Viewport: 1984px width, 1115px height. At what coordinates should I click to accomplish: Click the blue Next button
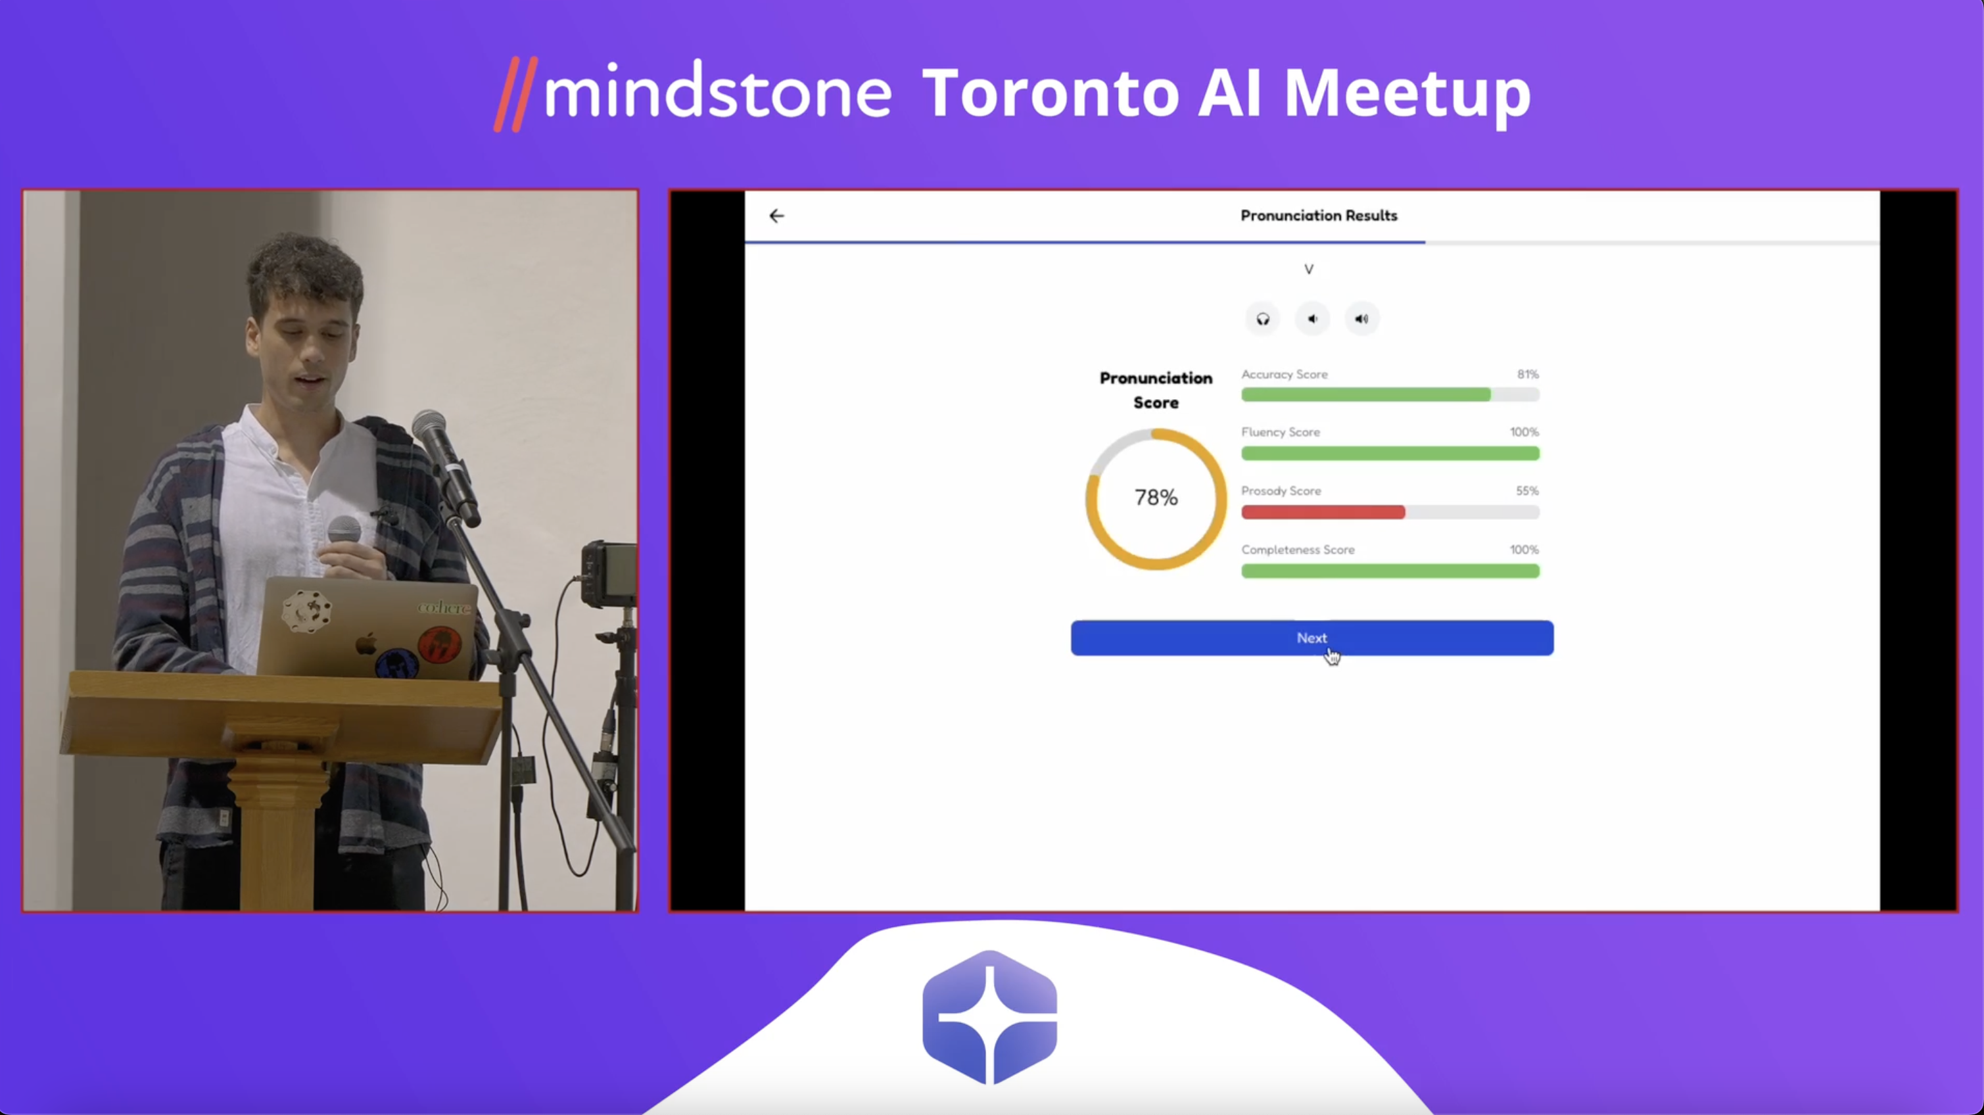[x=1311, y=638]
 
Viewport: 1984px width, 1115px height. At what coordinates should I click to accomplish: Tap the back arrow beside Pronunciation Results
[x=776, y=216]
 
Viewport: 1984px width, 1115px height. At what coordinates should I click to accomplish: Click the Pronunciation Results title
[x=1319, y=216]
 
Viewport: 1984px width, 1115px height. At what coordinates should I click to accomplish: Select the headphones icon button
[x=1263, y=319]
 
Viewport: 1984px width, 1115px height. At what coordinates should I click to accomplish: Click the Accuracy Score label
[x=1284, y=374]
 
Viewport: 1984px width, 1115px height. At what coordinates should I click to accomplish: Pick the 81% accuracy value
[x=1528, y=374]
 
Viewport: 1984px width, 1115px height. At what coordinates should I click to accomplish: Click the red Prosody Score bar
[x=1323, y=512]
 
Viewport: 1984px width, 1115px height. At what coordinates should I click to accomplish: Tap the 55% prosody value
[x=1527, y=490]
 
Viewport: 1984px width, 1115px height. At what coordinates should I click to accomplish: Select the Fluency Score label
[x=1280, y=432]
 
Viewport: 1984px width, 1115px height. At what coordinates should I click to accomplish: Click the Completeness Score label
[x=1298, y=550]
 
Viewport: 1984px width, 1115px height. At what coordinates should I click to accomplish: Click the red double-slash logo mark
[x=515, y=94]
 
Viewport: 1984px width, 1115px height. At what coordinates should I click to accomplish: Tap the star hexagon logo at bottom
[x=989, y=1017]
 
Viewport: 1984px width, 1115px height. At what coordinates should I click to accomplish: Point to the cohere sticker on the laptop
[x=444, y=607]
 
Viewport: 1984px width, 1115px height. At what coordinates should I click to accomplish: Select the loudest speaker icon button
[x=1361, y=319]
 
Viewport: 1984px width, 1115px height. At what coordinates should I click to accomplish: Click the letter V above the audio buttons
[x=1309, y=270]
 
